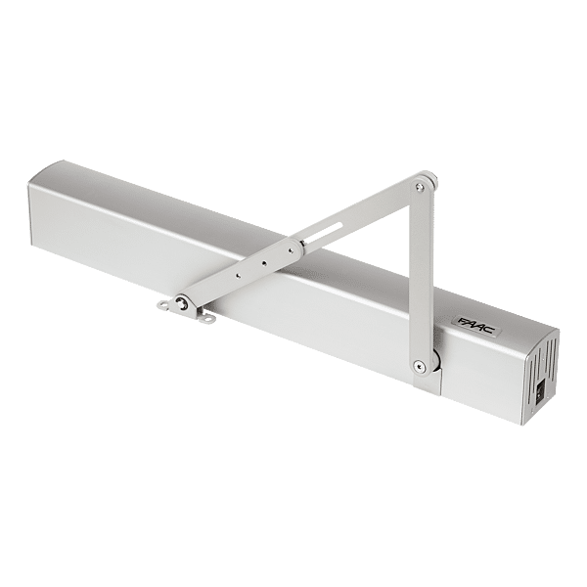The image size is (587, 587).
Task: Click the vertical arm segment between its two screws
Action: coord(420,274)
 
